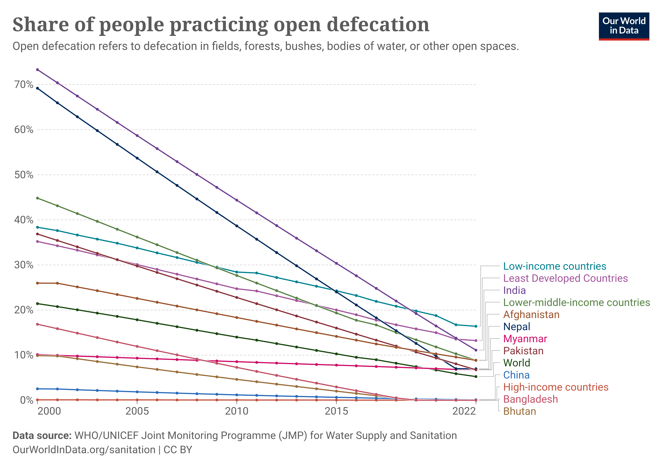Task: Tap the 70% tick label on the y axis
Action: pos(24,85)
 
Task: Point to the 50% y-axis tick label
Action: pos(24,175)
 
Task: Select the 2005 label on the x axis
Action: pos(137,411)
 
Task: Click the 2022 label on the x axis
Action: pos(464,411)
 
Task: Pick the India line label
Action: pos(514,290)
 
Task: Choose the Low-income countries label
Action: pos(555,266)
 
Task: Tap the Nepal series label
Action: pos(516,327)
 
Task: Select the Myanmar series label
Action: pos(525,339)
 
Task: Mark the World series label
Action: pos(516,363)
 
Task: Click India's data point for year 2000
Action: pos(38,70)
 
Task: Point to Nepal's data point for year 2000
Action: pos(38,88)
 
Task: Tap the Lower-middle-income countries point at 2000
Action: pos(38,198)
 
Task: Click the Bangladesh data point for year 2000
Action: pos(38,324)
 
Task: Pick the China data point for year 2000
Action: pos(38,389)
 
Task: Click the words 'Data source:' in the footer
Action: pos(42,435)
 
